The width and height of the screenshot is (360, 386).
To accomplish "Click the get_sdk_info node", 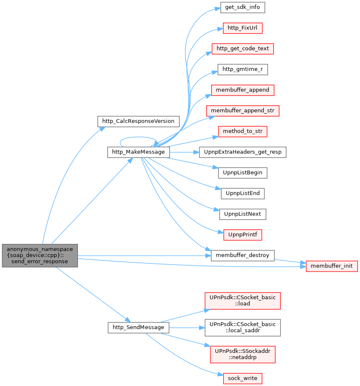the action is pos(243,8).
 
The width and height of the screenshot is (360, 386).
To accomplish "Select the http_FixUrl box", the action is pos(243,28).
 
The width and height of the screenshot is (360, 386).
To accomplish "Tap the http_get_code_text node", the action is pos(243,49).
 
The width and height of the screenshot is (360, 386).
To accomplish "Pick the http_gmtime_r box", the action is pos(243,70).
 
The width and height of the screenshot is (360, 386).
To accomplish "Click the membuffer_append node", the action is pos(243,90).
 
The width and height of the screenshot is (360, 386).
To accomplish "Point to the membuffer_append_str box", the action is pos(243,111).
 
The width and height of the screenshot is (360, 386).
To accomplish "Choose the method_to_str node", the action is pos(243,132).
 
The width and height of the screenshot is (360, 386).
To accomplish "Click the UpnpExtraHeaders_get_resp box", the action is pos(243,152).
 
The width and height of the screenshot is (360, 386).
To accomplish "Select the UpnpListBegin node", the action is pos(243,173).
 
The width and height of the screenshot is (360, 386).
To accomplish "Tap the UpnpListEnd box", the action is pos(243,194).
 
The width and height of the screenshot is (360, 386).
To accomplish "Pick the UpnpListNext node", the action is pos(243,214).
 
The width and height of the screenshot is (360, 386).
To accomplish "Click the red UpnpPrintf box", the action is pos(243,235).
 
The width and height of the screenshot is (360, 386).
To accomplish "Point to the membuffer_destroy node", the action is pos(243,256).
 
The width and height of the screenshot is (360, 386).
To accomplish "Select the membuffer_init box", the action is pos(332,267).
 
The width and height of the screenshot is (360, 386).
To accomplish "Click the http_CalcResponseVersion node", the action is pos(138,122).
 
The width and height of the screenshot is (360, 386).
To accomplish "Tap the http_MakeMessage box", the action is pos(138,152).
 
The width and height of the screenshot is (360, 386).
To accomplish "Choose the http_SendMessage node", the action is pos(138,328).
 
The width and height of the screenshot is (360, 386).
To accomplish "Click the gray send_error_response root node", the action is pos(40,256).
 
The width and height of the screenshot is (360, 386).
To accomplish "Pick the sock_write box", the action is pos(243,378).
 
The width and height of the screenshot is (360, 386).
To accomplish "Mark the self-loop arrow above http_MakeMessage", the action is pos(138,137).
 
